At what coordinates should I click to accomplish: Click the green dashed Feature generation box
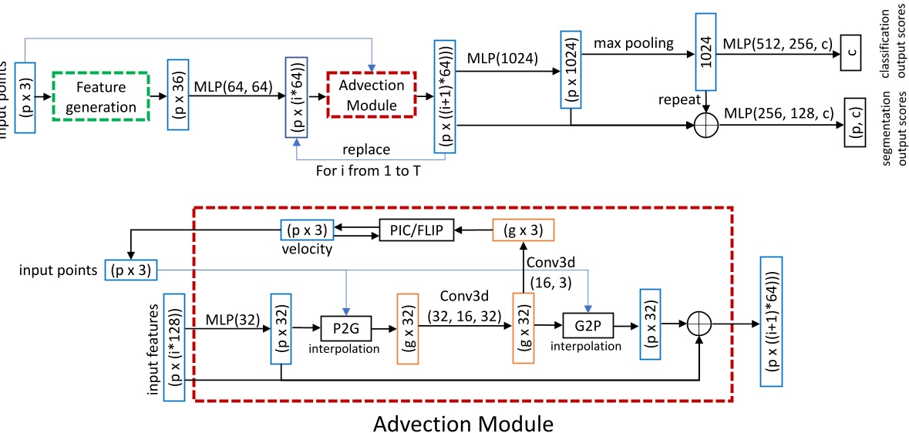click(101, 96)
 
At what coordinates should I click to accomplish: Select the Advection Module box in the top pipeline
click(372, 96)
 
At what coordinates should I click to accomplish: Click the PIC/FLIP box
click(416, 229)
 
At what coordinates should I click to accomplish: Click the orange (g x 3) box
click(524, 229)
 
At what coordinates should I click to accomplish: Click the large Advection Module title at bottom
click(462, 422)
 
